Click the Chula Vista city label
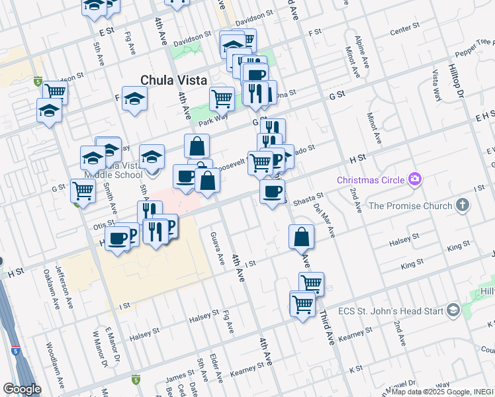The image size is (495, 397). (172, 79)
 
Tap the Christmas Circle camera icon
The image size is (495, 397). (415, 179)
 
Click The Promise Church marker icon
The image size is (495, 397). (463, 206)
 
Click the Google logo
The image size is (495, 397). (22, 389)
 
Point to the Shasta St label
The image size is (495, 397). (309, 197)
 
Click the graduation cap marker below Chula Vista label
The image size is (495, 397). (135, 99)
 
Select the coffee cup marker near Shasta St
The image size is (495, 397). (271, 192)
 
